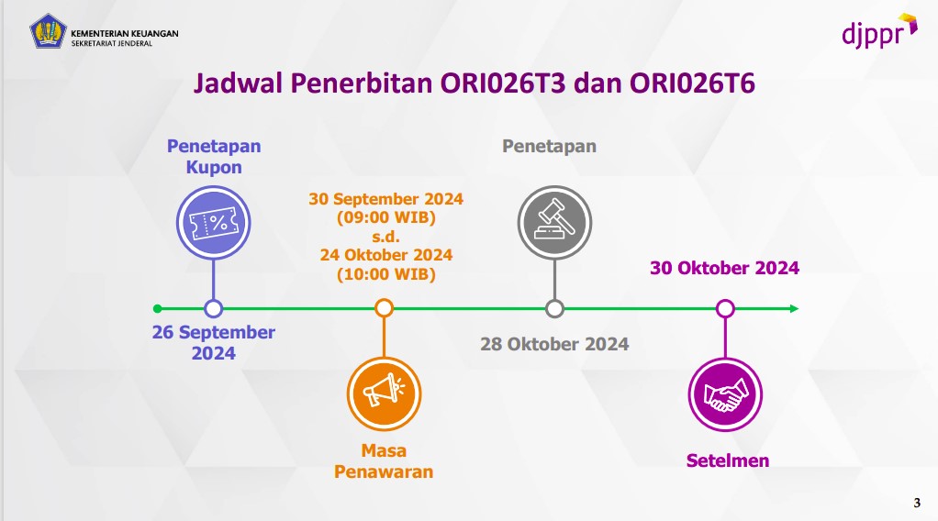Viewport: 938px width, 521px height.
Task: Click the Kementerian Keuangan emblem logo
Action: [48, 31]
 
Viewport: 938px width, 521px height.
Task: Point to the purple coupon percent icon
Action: [213, 222]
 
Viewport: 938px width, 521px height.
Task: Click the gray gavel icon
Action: [553, 222]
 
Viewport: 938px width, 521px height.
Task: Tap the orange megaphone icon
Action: [384, 394]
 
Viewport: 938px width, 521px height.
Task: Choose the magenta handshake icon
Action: [725, 394]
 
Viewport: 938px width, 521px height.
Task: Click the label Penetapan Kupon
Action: [214, 156]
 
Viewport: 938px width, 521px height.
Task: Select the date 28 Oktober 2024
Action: [554, 344]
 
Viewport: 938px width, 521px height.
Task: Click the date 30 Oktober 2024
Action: [725, 268]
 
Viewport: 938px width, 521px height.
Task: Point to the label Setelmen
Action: [728, 460]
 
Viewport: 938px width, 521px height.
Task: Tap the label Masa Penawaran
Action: [384, 461]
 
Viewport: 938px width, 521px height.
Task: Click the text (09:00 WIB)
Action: [385, 217]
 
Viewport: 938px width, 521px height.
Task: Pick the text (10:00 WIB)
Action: [385, 273]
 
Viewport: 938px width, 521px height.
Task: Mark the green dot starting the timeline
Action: [158, 308]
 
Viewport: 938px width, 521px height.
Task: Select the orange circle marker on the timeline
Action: [385, 308]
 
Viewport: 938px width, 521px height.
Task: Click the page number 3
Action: [916, 501]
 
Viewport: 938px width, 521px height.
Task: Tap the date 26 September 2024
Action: [214, 342]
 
